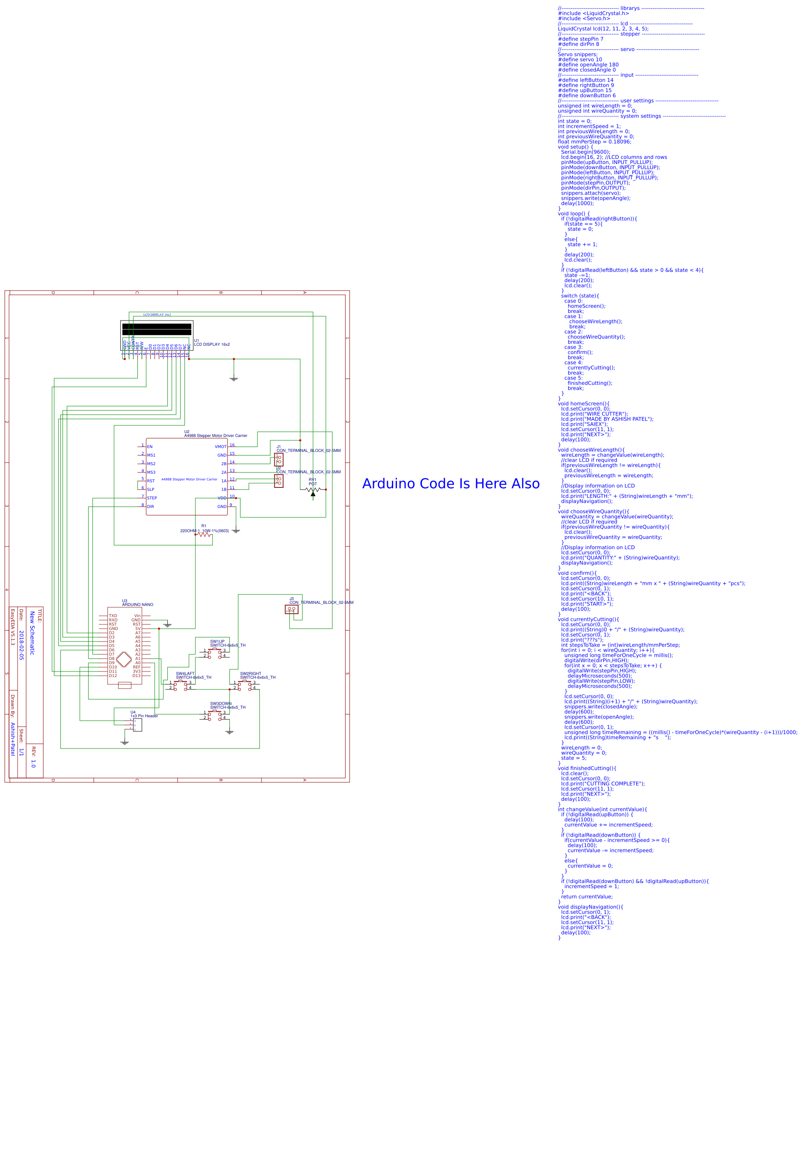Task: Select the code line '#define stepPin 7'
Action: coord(581,39)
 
